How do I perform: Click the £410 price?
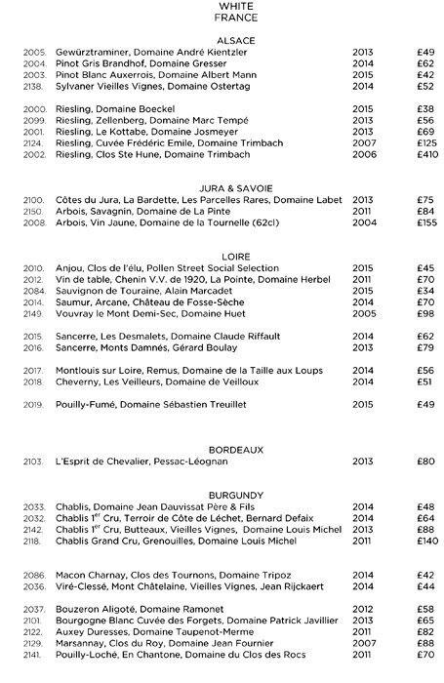[424, 154]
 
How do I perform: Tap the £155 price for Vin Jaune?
[424, 221]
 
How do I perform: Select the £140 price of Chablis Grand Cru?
[424, 540]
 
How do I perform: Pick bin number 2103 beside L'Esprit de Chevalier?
[35, 461]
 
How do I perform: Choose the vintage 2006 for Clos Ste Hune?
[363, 154]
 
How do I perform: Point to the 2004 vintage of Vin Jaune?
[363, 221]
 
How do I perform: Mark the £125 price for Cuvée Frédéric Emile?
[424, 142]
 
